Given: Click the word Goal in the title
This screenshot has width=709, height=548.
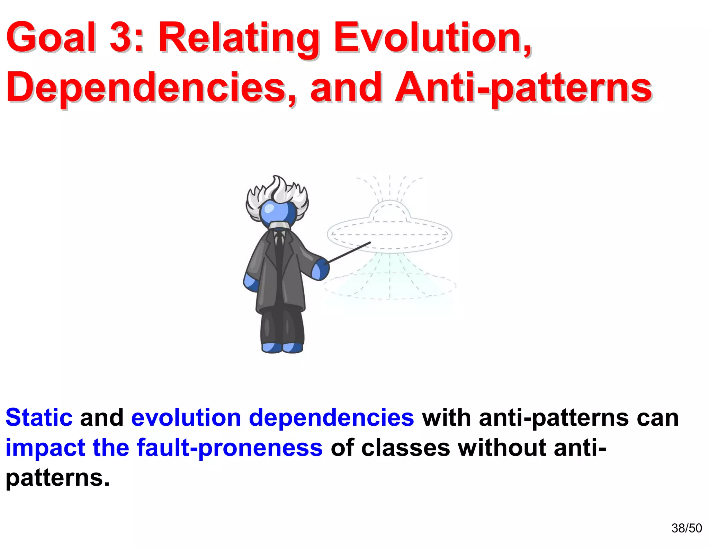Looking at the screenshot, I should (x=51, y=37).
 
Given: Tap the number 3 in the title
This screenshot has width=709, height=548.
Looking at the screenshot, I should (x=120, y=37).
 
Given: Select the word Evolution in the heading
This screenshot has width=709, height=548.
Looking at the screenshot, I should (x=431, y=37).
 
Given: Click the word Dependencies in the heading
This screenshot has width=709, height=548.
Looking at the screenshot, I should (x=151, y=88).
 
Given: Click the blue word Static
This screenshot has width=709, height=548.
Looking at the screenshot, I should (x=39, y=417).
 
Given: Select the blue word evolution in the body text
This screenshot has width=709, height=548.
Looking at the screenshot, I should (x=186, y=417).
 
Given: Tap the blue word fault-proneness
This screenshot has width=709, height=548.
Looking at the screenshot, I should (x=230, y=448).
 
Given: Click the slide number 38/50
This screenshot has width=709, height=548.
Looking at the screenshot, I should (x=686, y=528).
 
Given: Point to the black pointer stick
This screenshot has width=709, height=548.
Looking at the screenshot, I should (x=350, y=252).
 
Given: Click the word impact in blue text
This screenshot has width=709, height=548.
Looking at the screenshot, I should (x=45, y=448).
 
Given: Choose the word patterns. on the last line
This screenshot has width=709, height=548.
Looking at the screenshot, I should (x=57, y=478).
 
